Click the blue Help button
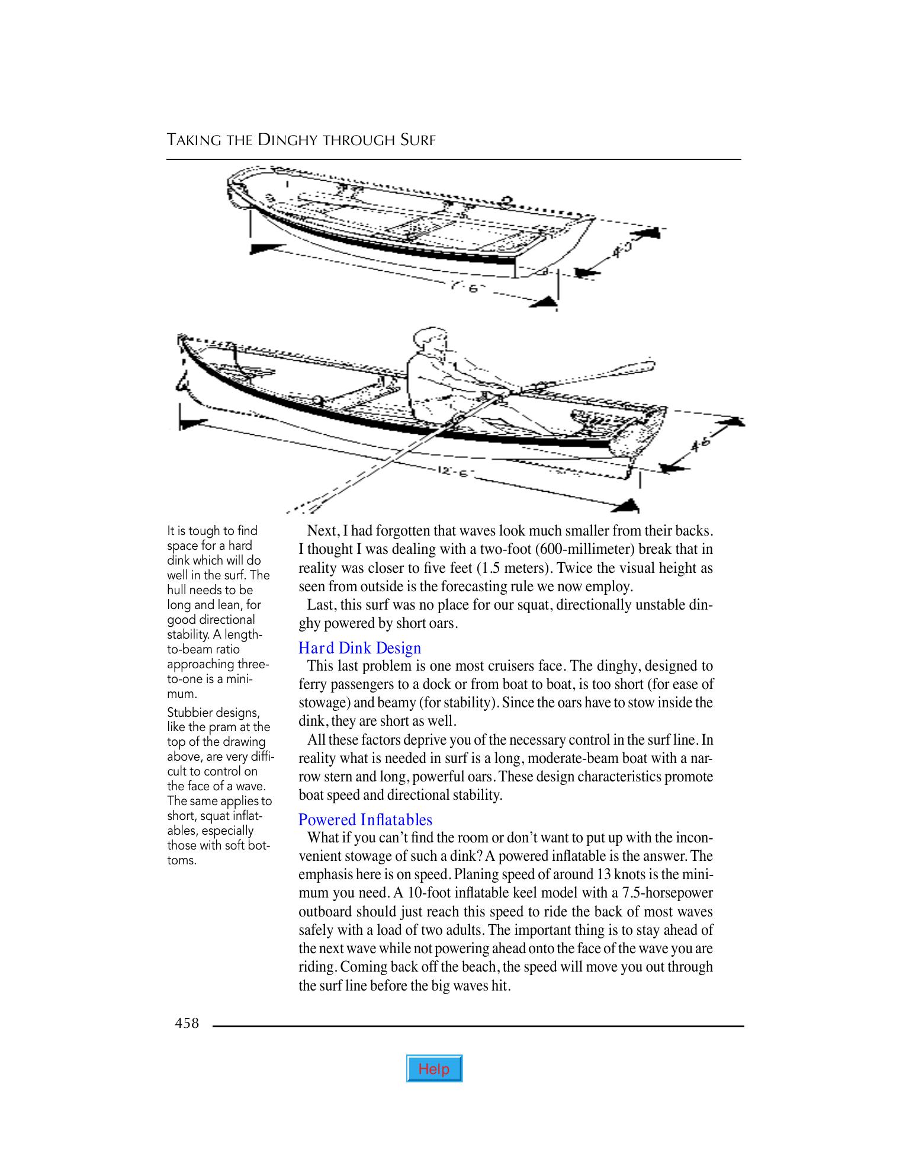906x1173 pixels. click(434, 1069)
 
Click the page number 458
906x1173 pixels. click(187, 1023)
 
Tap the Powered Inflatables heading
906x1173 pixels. click(365, 819)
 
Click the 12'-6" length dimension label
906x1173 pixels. click(451, 472)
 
